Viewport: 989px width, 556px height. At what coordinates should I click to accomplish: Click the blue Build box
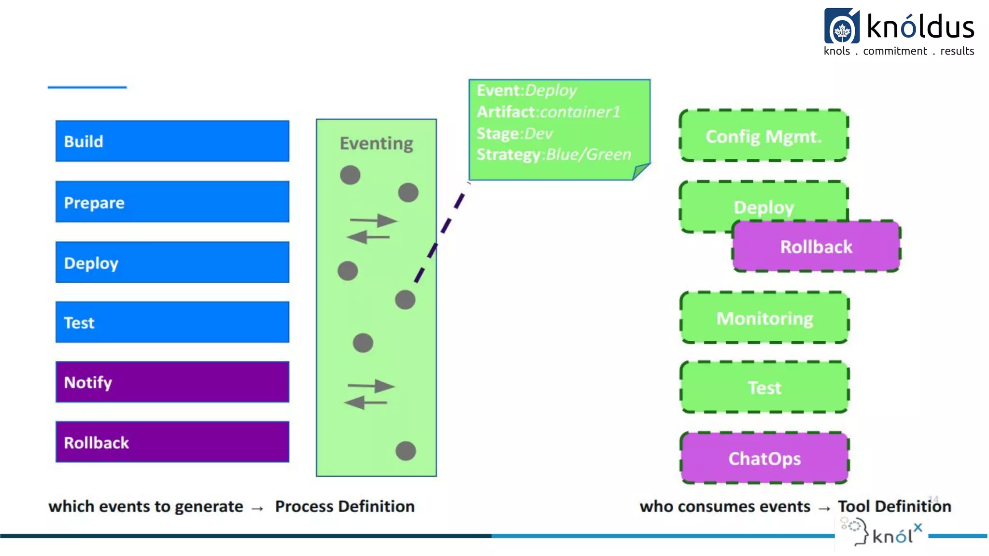tap(172, 141)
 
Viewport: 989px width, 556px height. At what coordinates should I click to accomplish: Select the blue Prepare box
tap(172, 202)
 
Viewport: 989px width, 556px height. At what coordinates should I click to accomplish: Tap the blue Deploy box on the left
tap(172, 262)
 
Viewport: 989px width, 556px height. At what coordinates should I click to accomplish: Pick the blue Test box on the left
tap(172, 322)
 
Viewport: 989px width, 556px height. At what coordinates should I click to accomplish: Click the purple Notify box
tap(172, 382)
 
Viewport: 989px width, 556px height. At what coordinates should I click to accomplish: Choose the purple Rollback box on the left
tap(172, 442)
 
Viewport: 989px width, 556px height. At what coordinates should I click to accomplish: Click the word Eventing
tap(376, 143)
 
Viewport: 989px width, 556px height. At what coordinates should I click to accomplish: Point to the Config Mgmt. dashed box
tap(763, 136)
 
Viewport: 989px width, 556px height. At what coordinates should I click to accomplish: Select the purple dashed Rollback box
tap(816, 247)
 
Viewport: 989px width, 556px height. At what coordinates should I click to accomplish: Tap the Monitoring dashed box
tap(764, 318)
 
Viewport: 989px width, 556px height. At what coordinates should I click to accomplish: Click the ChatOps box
tap(764, 458)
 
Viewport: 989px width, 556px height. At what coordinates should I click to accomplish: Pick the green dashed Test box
tap(764, 388)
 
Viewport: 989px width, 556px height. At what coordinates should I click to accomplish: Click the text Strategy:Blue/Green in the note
tap(554, 154)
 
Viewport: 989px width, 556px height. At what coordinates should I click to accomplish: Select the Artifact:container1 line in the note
tap(548, 112)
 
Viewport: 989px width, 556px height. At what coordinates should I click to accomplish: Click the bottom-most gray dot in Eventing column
tap(406, 451)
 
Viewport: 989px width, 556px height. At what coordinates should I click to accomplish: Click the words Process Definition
tap(345, 506)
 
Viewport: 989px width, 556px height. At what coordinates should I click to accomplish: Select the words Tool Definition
tap(894, 506)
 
